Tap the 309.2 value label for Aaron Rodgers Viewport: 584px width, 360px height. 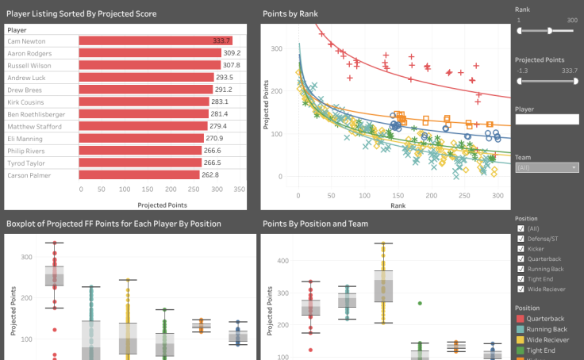(231, 53)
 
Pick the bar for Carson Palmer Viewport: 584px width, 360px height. (139, 175)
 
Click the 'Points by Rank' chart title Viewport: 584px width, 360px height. (295, 13)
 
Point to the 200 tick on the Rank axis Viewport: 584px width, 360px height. (430, 195)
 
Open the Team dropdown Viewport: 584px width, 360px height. (546, 167)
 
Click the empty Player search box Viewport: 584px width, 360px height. (546, 119)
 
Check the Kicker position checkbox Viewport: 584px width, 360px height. (521, 248)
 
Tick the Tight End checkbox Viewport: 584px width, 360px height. (521, 279)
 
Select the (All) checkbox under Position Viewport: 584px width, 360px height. (521, 228)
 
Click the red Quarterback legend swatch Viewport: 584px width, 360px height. (521, 318)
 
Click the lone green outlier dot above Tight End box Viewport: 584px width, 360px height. (420, 303)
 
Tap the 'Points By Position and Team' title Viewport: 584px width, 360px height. (315, 224)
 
